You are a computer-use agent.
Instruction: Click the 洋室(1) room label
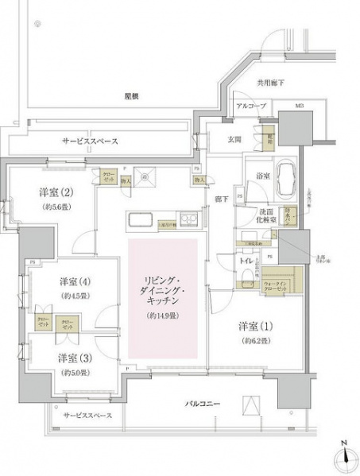point(254,326)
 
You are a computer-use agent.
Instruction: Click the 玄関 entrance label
point(226,140)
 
